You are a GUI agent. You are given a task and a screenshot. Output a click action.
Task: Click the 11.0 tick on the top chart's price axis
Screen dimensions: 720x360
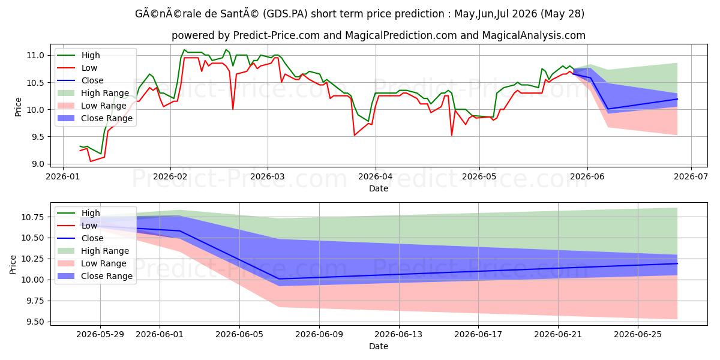[x=35, y=55]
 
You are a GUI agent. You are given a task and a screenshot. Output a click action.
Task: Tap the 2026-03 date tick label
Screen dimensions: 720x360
[x=268, y=176]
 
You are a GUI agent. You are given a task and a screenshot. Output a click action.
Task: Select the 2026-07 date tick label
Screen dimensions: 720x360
[x=691, y=176]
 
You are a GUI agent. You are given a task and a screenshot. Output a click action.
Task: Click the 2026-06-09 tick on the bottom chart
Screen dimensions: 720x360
[x=319, y=335]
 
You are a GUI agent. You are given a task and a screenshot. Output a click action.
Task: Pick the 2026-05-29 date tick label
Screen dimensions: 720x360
[x=100, y=335]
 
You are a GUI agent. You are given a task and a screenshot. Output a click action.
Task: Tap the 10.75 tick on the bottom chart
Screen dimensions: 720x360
[x=32, y=217]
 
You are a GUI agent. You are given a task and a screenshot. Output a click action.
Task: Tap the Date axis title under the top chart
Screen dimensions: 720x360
[x=379, y=188]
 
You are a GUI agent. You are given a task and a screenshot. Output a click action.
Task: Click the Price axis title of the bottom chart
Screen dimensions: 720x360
[x=13, y=265]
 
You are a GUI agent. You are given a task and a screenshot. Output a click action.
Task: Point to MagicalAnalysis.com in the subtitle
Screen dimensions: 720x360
[x=533, y=35]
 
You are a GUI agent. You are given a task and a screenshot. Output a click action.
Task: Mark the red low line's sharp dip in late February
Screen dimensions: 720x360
[x=233, y=109]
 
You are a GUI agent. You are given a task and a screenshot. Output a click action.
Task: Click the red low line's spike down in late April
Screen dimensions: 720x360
[x=452, y=136]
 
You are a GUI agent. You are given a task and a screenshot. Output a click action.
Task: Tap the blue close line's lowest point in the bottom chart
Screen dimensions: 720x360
[x=279, y=278]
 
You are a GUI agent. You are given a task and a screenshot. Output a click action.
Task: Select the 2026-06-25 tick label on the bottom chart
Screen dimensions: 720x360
[x=638, y=335]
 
